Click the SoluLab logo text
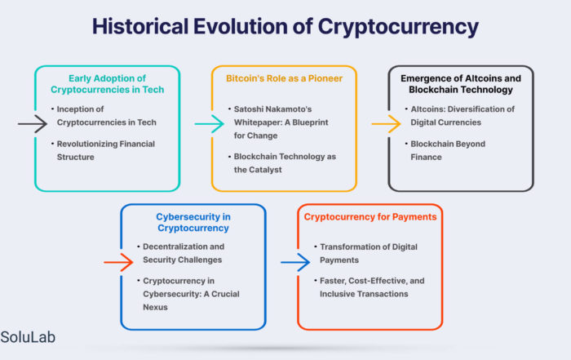pyautogui.click(x=28, y=337)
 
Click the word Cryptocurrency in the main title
pyautogui.click(x=398, y=27)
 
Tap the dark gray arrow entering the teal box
pyautogui.click(x=33, y=123)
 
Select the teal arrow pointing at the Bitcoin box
pyautogui.click(x=209, y=124)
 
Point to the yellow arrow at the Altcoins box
pyautogui.click(x=386, y=124)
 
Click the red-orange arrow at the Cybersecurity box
pyautogui.click(x=118, y=262)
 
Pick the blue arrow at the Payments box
pyautogui.click(x=295, y=262)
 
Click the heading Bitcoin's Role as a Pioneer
pyautogui.click(x=284, y=78)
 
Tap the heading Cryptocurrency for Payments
pyautogui.click(x=370, y=217)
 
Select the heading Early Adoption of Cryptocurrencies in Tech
pyautogui.click(x=108, y=84)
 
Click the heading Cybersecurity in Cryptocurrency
pyautogui.click(x=193, y=222)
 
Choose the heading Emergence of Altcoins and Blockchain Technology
pyautogui.click(x=461, y=84)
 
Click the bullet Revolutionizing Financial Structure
pyautogui.click(x=104, y=150)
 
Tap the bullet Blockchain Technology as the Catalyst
pyautogui.click(x=282, y=163)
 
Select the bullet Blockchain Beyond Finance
pyautogui.click(x=445, y=150)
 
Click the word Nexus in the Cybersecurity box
pyautogui.click(x=155, y=307)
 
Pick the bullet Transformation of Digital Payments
pyautogui.click(x=366, y=253)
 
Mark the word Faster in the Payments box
pyautogui.click(x=333, y=281)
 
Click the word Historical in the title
pyautogui.click(x=140, y=26)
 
